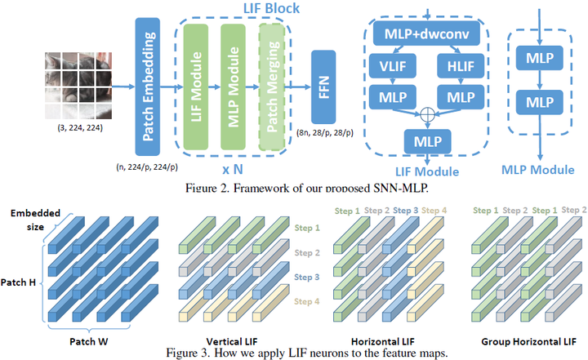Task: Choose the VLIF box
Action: coord(387,66)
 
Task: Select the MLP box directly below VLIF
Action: coord(387,97)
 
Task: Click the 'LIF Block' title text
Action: coord(269,8)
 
